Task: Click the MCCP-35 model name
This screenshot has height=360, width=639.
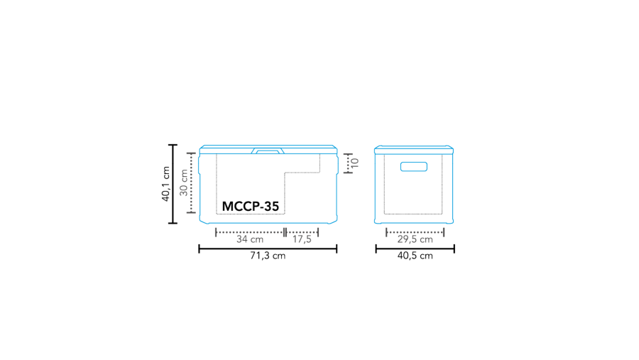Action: (x=251, y=206)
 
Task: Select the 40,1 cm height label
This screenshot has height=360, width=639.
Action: (x=165, y=184)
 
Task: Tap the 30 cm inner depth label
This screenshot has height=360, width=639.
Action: (x=183, y=182)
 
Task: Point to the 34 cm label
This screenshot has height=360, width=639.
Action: (x=249, y=239)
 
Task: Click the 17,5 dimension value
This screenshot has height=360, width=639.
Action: (x=302, y=239)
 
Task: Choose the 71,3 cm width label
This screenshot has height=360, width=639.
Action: (x=268, y=256)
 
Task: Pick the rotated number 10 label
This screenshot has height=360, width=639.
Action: (x=355, y=163)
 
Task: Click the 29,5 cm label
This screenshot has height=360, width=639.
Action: (x=415, y=239)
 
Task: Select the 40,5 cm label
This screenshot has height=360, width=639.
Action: (x=415, y=256)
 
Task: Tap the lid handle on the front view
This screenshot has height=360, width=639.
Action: (x=268, y=151)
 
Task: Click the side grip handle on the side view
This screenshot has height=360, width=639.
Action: (x=413, y=167)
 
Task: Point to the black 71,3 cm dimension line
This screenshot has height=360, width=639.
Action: (x=268, y=249)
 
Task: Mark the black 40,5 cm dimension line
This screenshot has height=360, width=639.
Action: (x=415, y=249)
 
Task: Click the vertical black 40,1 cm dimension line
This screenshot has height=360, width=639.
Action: (x=173, y=184)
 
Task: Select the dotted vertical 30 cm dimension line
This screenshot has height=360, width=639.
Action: (x=191, y=182)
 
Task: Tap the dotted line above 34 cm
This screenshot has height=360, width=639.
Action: (x=249, y=231)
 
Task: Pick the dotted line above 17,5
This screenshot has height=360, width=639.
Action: (x=302, y=231)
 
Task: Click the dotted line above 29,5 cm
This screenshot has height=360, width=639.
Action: (x=415, y=231)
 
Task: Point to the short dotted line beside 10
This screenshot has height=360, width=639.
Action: (x=347, y=163)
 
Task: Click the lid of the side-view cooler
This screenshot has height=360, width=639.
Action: (x=413, y=149)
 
